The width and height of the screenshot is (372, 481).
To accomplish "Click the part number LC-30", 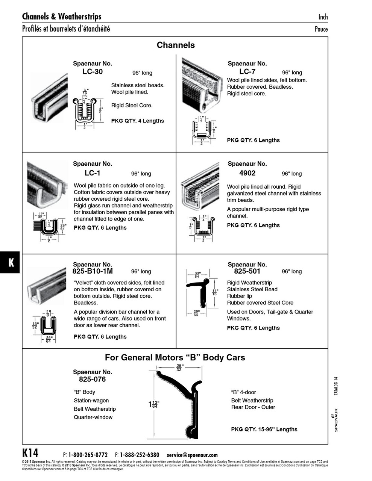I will click(93, 72).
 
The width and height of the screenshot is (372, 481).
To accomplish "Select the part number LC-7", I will click(247, 72).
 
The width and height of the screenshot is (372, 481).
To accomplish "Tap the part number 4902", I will click(247, 173).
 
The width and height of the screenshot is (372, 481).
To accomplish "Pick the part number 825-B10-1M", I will click(93, 271).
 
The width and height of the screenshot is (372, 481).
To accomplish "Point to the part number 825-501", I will click(247, 271).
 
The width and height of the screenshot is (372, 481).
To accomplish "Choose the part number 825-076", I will click(93, 380).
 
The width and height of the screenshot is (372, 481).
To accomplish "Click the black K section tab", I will click(11, 262).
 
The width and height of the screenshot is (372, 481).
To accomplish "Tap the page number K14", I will click(30, 452).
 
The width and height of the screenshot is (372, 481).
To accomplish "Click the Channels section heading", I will click(176, 45).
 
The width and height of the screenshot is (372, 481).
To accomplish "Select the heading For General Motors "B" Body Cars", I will click(175, 357).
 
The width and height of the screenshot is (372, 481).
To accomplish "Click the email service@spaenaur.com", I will click(192, 455).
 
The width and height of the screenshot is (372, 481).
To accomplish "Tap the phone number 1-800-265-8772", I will click(88, 455).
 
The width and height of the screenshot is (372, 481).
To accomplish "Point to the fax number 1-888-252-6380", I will click(139, 455).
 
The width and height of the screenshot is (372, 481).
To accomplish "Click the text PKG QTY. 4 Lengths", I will click(138, 121).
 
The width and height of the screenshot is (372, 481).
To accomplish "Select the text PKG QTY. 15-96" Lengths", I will click(264, 430).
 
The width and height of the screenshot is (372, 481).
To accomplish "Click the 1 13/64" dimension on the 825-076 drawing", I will click(154, 405).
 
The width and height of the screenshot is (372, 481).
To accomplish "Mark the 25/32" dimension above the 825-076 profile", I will click(179, 368).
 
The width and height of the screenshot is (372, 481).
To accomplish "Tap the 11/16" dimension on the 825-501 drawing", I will click(215, 292).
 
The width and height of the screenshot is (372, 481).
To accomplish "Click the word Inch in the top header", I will click(323, 17).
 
